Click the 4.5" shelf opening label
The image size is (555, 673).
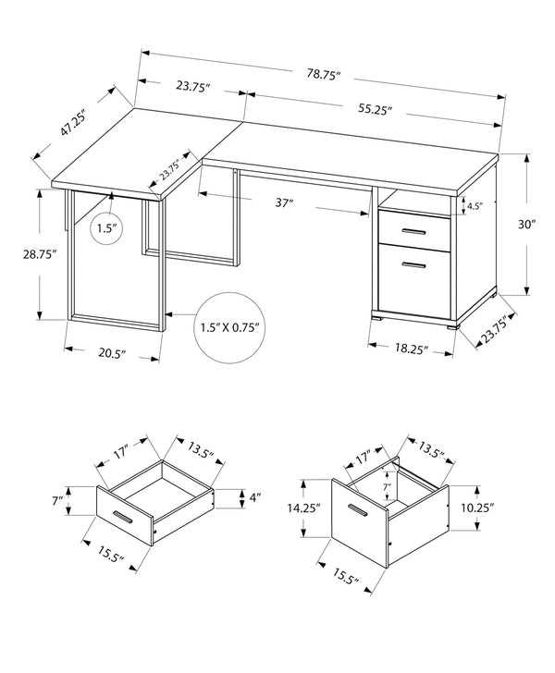pyautogui.click(x=475, y=206)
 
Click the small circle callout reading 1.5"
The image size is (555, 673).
pyautogui.click(x=108, y=228)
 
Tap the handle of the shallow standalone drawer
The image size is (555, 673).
pyautogui.click(x=124, y=515)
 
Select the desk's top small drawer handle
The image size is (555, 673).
pyautogui.click(x=413, y=229)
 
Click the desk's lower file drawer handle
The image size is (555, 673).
pyautogui.click(x=413, y=264)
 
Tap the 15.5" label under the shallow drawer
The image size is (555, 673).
pyautogui.click(x=108, y=556)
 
